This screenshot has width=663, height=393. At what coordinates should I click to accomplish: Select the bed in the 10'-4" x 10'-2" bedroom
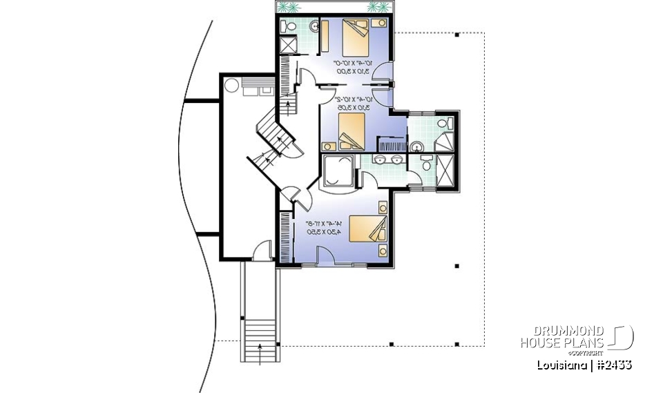(x=352, y=131)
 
